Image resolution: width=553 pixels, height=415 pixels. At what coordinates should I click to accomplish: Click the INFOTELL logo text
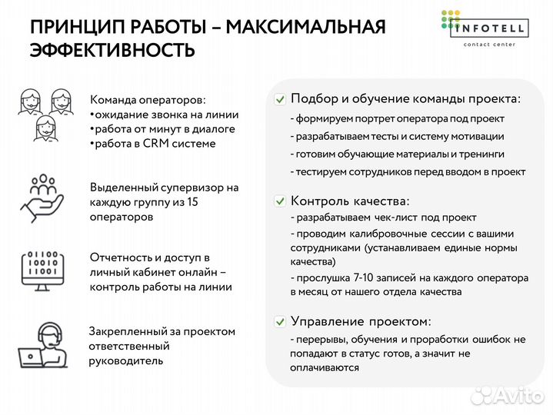click(x=492, y=29)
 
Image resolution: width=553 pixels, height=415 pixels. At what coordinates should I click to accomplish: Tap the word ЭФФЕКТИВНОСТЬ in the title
click(x=112, y=51)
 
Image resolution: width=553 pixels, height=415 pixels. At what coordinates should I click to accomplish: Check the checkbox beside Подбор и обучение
click(x=281, y=99)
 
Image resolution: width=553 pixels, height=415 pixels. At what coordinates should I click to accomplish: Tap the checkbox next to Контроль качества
click(x=281, y=201)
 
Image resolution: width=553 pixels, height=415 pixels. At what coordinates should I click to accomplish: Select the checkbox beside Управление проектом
click(x=281, y=321)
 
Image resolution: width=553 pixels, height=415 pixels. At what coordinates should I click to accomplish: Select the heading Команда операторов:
click(x=148, y=100)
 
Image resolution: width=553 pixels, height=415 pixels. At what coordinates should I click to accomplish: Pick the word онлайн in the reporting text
click(x=198, y=272)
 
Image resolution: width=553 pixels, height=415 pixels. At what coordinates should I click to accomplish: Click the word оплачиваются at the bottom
click(x=325, y=368)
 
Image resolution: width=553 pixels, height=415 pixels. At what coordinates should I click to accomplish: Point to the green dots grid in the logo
click(x=451, y=19)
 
